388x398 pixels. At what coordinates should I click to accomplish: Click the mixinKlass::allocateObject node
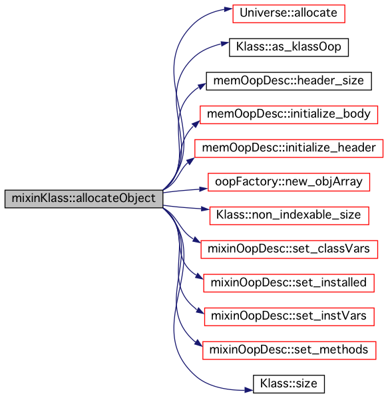tap(84, 199)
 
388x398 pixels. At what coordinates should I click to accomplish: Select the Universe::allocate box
tap(289, 14)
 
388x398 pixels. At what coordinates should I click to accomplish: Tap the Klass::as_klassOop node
tap(289, 47)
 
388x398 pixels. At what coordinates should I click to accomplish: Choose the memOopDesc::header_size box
tap(289, 81)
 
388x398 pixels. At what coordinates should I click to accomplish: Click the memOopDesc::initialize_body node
tap(289, 115)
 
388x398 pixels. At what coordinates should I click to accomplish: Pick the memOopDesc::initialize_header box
tap(289, 148)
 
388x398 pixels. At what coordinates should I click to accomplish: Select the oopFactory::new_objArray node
tap(289, 182)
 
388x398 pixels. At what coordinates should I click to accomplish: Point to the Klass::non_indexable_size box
tap(289, 216)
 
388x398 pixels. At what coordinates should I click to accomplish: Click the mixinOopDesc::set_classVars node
tap(289, 250)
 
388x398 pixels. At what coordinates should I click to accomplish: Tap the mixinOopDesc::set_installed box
tap(289, 283)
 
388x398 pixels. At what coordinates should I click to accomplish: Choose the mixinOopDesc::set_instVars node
tap(289, 317)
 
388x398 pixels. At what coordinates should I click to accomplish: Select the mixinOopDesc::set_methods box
tap(289, 350)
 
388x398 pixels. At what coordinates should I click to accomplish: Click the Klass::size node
tap(289, 384)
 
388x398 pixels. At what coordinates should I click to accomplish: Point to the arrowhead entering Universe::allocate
tap(228, 9)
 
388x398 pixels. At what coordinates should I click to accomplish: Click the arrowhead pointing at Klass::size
tap(248, 390)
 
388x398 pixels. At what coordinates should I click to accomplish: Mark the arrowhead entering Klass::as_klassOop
tap(224, 44)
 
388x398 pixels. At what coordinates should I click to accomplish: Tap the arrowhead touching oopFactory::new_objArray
tap(204, 189)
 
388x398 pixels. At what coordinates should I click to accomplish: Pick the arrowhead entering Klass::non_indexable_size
tap(205, 209)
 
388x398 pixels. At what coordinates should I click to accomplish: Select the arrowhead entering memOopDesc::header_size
tap(202, 86)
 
